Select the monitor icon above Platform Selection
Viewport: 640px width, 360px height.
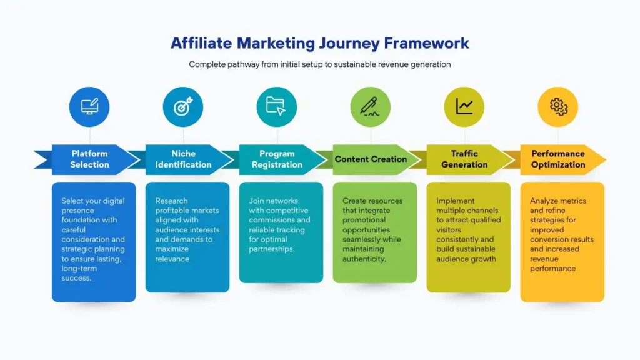[x=89, y=107]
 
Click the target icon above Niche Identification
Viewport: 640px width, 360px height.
[x=183, y=107]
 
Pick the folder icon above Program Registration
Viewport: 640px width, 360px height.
[x=276, y=106]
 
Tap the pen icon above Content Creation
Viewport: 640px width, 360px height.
[x=371, y=107]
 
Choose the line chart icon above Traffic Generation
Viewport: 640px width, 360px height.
[x=464, y=107]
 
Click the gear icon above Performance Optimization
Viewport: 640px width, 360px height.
[x=558, y=107]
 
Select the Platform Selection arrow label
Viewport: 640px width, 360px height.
[x=89, y=159]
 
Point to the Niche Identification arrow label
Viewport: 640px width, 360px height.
[x=183, y=159]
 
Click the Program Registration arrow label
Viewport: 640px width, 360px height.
[x=277, y=159]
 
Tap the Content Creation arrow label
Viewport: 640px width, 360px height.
[x=371, y=159]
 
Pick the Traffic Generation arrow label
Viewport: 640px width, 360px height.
[x=464, y=159]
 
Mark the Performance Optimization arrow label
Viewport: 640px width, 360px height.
[x=558, y=159]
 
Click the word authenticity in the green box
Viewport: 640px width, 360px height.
[x=365, y=259]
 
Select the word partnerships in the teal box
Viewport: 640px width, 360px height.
[x=271, y=249]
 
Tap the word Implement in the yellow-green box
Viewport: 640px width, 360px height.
[x=456, y=201]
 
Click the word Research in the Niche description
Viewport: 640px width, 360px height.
[x=171, y=201]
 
